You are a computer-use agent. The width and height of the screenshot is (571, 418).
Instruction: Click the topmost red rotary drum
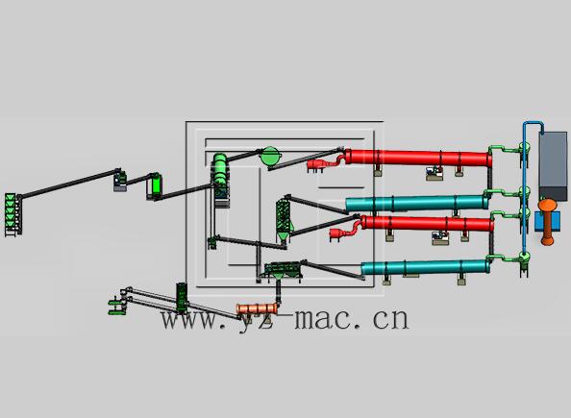tap(418, 158)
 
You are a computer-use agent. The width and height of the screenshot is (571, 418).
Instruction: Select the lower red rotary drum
tap(427, 223)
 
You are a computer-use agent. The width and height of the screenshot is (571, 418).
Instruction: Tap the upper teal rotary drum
tap(416, 204)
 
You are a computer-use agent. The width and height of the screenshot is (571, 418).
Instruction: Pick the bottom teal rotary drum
tap(425, 268)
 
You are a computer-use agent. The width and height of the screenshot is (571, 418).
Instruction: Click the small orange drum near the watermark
tap(257, 309)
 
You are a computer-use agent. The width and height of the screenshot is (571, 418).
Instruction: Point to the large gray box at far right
tap(553, 165)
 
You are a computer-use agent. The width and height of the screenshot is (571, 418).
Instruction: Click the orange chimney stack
tap(547, 221)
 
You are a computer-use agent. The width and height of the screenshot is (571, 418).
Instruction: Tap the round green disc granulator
tap(270, 157)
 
